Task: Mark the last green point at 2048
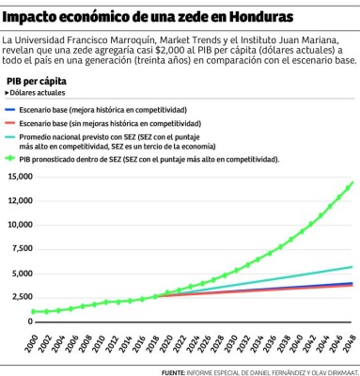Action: point(352,183)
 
